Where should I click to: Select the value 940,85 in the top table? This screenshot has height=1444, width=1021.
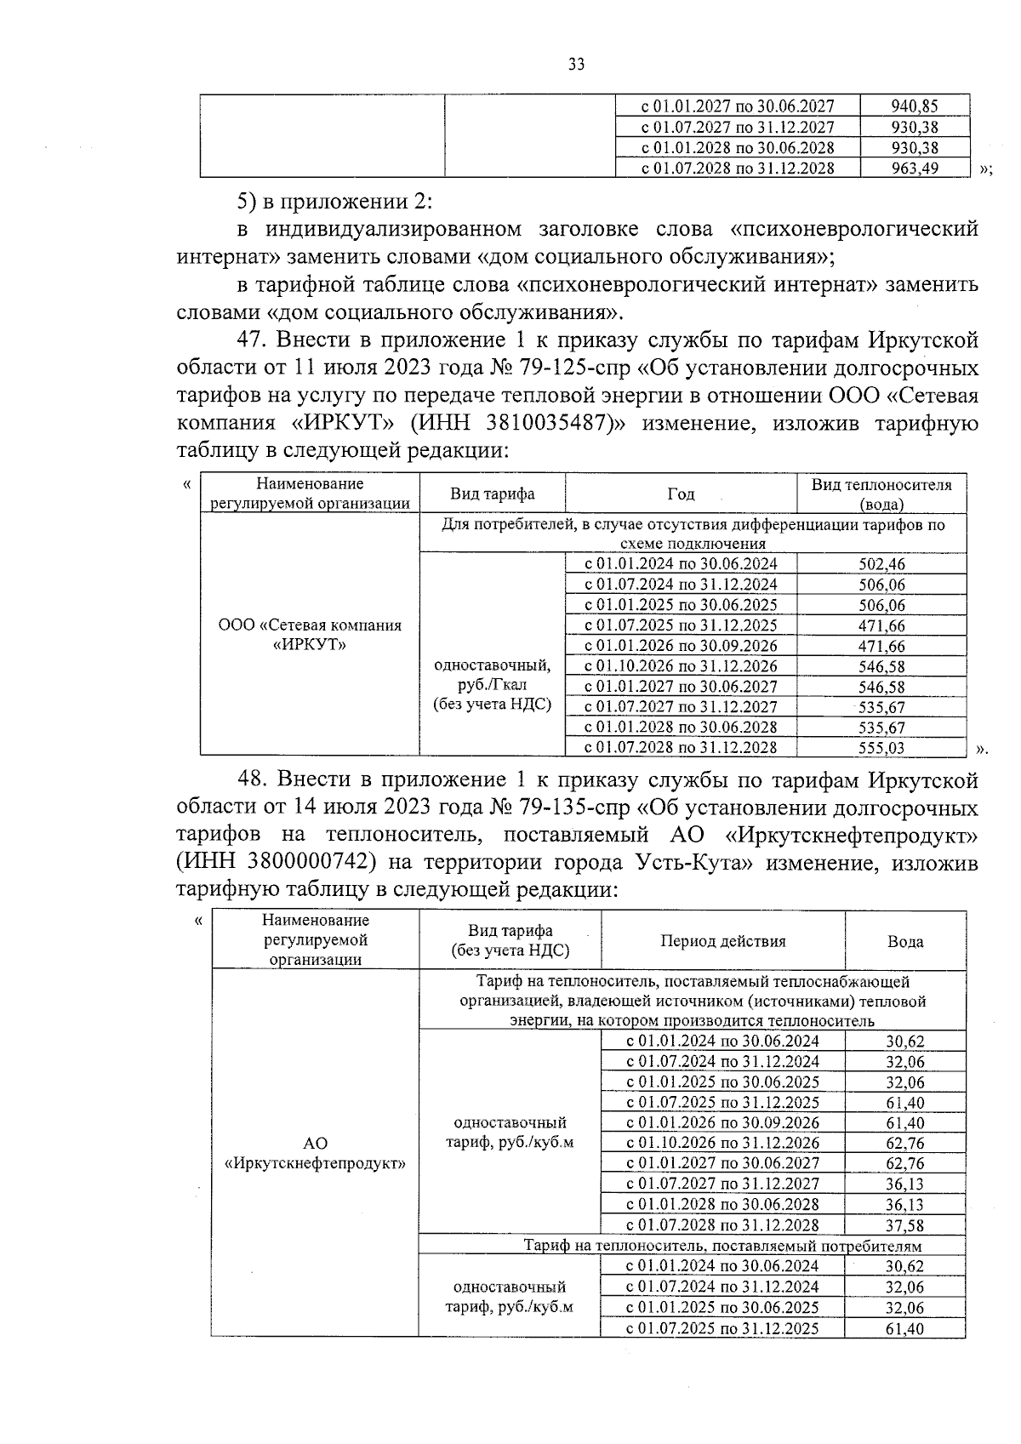click(x=915, y=106)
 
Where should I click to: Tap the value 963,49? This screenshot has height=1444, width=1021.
click(x=915, y=168)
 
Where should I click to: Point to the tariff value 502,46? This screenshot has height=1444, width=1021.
click(x=881, y=564)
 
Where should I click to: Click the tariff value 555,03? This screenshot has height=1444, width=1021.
click(x=881, y=748)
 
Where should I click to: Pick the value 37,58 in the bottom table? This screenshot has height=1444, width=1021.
click(x=904, y=1225)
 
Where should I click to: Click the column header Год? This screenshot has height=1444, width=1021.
click(x=681, y=494)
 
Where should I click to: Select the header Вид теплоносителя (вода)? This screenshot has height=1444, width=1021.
click(x=881, y=494)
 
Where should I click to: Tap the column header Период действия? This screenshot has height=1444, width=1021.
click(x=722, y=941)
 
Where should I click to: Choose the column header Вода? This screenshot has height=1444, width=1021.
click(x=905, y=941)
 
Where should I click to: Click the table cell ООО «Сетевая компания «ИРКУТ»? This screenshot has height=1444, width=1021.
click(x=310, y=635)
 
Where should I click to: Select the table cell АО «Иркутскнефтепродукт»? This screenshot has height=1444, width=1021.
click(x=315, y=1153)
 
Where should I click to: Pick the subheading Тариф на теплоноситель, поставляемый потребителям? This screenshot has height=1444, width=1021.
click(x=722, y=1246)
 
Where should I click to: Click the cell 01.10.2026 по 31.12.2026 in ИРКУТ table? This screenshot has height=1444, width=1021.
click(x=681, y=666)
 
